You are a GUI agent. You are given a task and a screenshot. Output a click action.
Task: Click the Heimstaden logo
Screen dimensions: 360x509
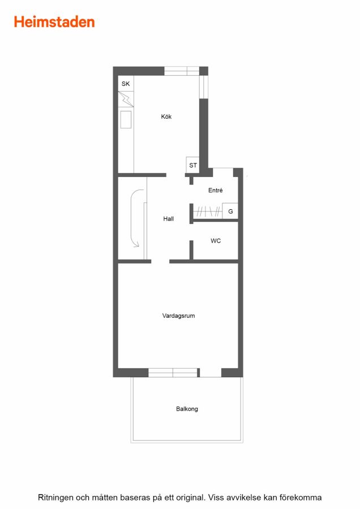point(54,22)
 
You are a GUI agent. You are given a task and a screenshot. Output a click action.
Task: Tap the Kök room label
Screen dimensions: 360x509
point(166,117)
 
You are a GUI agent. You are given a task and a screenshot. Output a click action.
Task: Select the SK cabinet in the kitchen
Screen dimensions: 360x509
point(126,84)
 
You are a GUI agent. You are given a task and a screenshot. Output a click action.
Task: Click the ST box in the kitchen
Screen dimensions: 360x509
point(192,165)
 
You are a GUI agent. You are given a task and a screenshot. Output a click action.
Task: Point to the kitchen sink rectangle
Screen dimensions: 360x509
point(126,119)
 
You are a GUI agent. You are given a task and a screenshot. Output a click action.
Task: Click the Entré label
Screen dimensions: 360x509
point(216,190)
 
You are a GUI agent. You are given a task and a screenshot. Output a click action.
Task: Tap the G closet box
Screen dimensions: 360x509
point(230,212)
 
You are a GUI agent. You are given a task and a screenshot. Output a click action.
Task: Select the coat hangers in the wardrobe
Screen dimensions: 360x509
point(208,212)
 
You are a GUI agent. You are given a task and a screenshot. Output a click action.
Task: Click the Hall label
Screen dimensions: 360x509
point(168,219)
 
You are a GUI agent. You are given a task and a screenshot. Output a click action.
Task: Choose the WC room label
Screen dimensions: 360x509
point(216,241)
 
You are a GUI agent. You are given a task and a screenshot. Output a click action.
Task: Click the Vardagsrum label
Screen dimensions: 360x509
point(179,316)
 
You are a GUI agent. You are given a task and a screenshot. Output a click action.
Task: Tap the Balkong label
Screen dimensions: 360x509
point(187,409)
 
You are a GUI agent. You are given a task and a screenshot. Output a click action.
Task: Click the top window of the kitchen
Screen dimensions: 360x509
point(182,71)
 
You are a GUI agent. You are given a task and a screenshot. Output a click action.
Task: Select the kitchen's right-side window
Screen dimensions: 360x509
point(203,87)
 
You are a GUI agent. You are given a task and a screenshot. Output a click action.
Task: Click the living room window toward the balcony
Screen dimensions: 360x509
point(173,373)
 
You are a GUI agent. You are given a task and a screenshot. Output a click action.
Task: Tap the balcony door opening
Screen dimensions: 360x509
point(211,373)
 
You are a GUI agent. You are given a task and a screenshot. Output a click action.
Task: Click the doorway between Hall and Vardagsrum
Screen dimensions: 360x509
point(160,261)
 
